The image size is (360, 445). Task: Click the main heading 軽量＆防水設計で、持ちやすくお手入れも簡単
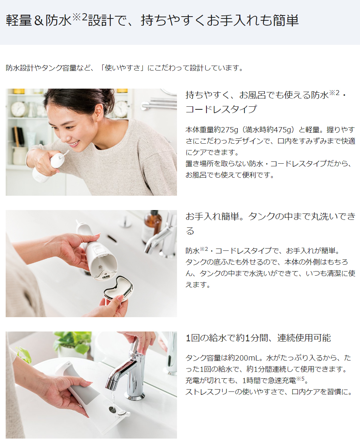point(152,20)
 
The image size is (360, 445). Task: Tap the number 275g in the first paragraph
point(229,130)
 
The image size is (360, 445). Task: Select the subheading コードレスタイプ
point(221,109)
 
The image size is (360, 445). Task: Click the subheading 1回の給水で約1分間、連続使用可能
point(258,338)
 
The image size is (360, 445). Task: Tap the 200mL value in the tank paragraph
point(247,358)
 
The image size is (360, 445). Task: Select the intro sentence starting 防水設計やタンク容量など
point(125,68)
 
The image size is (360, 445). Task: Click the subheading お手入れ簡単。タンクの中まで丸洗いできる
point(270,223)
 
